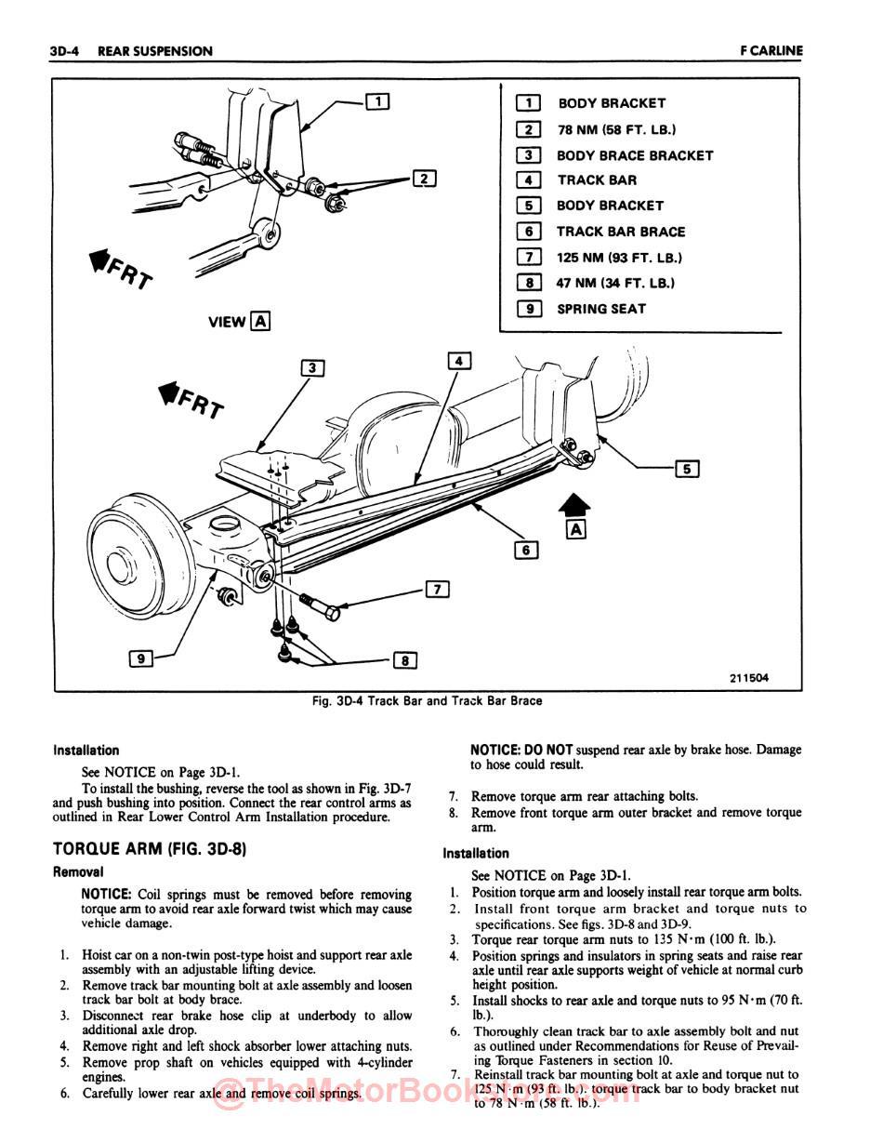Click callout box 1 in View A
pos(377,101)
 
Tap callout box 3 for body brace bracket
pos(313,367)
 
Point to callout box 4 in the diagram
pos(459,360)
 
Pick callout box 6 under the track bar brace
pos(526,550)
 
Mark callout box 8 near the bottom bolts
pos(405,660)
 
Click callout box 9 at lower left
pos(141,658)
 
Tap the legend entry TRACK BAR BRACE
pos(620,232)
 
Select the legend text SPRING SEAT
pos(600,309)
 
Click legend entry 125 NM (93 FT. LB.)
pos(619,258)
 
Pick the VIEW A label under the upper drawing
pos(240,322)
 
